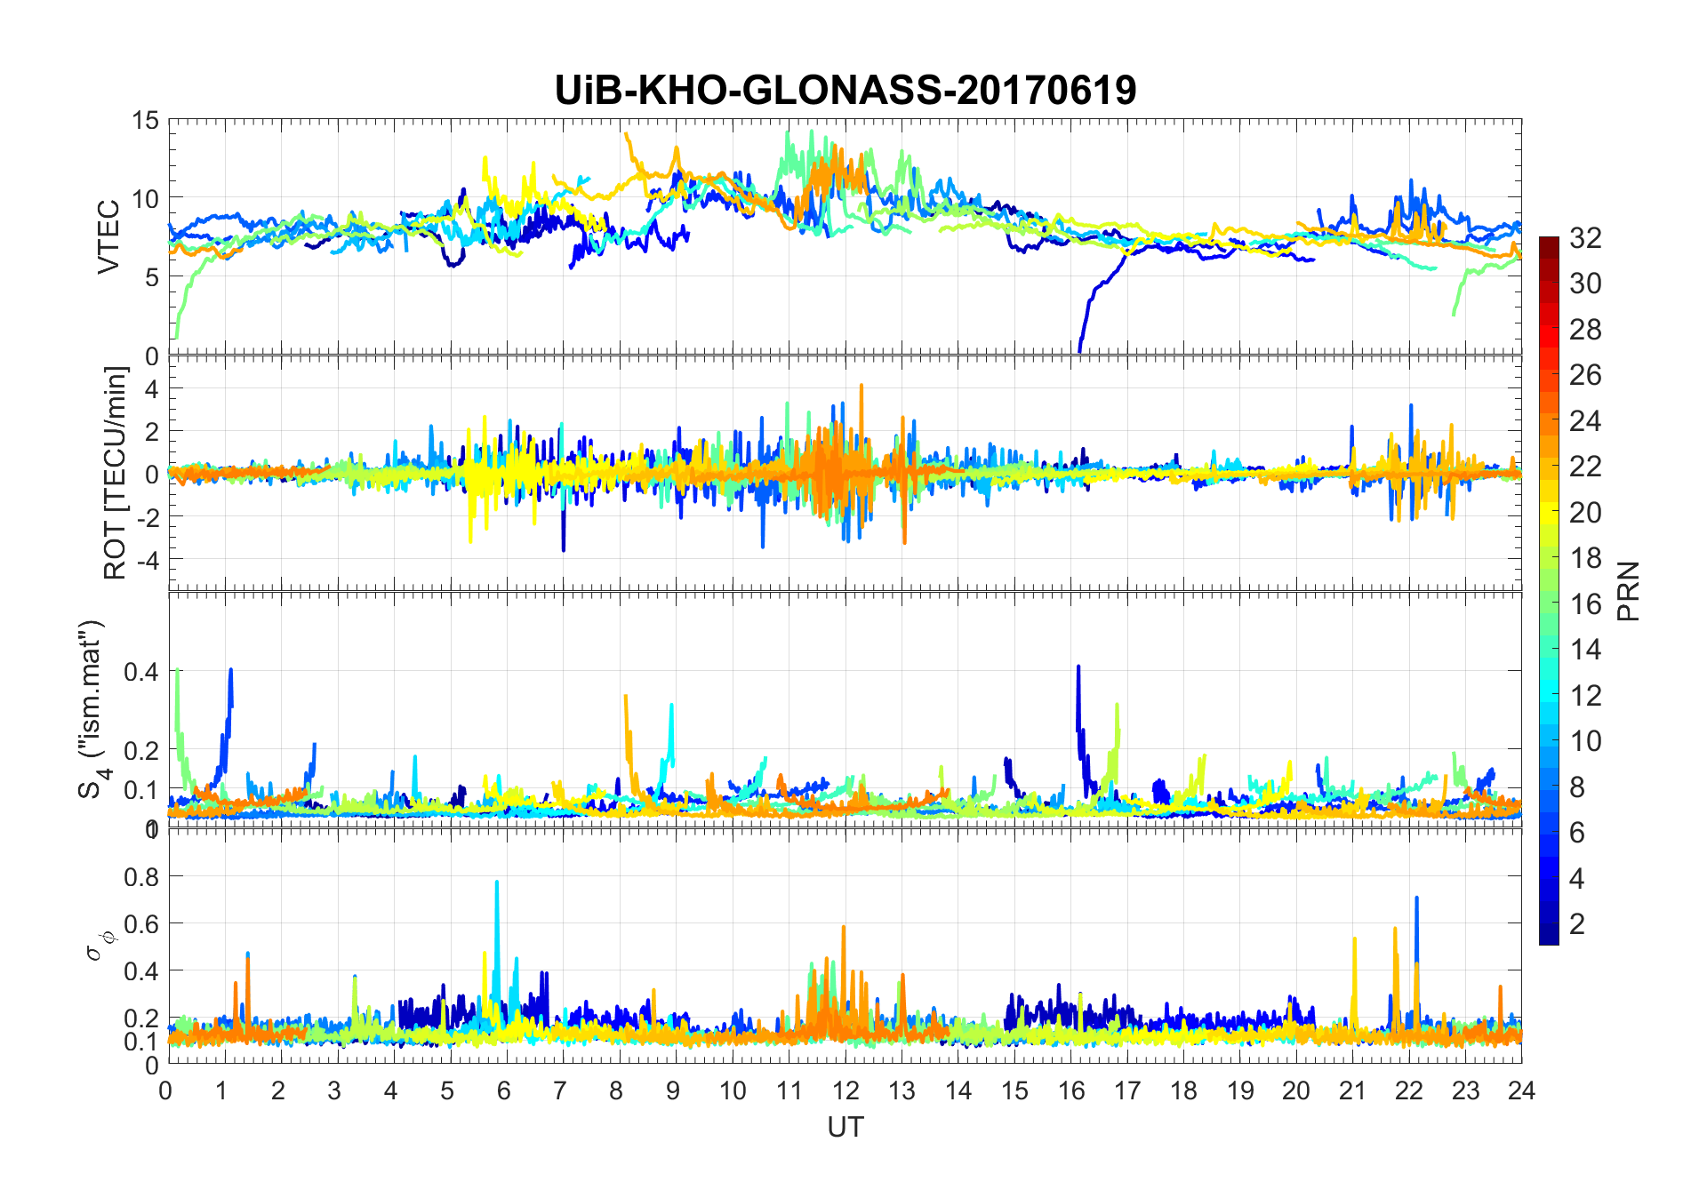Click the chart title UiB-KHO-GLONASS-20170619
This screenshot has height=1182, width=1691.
click(x=845, y=90)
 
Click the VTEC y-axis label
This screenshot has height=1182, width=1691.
click(x=108, y=237)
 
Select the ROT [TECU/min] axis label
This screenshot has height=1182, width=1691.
click(x=116, y=473)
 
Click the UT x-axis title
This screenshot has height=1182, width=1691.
click(x=845, y=1127)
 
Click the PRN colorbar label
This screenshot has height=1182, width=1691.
click(x=1629, y=591)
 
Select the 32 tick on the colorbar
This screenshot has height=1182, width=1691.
click(x=1585, y=237)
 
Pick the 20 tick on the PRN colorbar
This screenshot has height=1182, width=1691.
click(x=1585, y=512)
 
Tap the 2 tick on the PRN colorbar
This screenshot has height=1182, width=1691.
click(x=1577, y=923)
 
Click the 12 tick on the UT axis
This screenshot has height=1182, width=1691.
click(x=845, y=1090)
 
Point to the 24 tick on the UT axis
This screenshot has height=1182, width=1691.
click(x=1521, y=1090)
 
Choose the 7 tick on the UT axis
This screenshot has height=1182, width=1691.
click(x=560, y=1090)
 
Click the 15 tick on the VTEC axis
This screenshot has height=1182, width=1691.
click(x=146, y=120)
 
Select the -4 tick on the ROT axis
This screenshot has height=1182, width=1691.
click(x=146, y=560)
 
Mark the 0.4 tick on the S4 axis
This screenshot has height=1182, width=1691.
click(x=141, y=671)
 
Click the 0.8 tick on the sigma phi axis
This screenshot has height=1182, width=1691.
click(x=141, y=876)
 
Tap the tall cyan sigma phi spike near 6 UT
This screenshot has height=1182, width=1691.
click(x=497, y=883)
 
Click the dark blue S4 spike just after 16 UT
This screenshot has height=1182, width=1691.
click(x=1078, y=668)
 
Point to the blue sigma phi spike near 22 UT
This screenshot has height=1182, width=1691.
click(x=1416, y=900)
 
